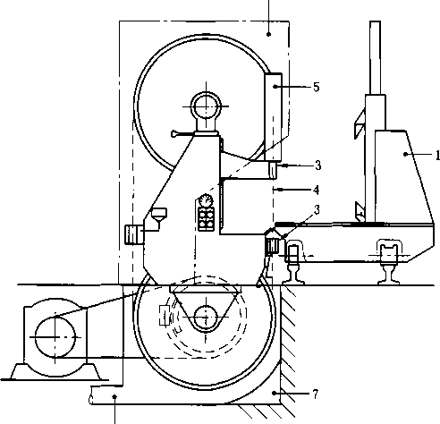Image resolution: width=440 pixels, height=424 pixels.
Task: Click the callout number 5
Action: point(317,87)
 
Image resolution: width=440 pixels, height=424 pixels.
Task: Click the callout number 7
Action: point(316,394)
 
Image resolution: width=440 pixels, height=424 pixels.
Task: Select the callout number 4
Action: point(317,190)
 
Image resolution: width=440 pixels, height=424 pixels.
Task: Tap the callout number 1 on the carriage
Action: point(437,155)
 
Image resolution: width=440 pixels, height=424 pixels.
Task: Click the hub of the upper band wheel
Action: point(206,106)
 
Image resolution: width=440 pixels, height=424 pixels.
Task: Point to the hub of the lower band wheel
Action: point(206,318)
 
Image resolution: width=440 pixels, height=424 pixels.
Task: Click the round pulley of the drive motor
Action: point(55,337)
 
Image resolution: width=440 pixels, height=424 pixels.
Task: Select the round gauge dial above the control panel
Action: point(205,199)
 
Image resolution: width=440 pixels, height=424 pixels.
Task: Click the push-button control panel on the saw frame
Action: point(207,218)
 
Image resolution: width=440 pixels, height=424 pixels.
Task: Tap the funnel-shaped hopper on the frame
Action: point(159,215)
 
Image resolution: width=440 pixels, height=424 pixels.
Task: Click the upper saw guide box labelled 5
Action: point(273,117)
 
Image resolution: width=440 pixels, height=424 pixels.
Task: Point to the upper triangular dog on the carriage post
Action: point(360,123)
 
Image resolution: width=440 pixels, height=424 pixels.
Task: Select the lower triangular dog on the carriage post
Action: point(360,211)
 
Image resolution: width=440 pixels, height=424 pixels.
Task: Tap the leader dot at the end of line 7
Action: point(274,394)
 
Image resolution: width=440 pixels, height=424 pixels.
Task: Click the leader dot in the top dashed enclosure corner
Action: point(268,34)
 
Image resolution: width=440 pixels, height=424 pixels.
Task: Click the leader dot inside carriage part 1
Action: point(405,154)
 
